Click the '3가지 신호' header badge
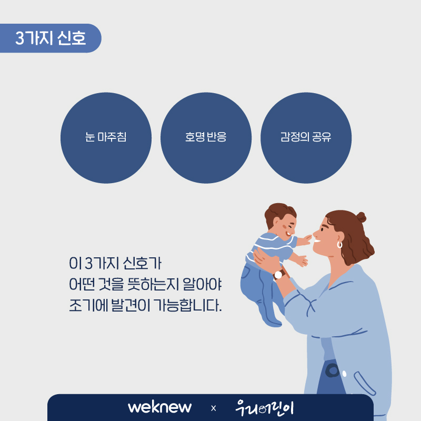point(51,38)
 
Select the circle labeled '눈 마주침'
point(106,138)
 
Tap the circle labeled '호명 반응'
point(206,138)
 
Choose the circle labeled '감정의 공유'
point(306,138)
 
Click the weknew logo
point(160,407)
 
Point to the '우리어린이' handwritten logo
point(265,408)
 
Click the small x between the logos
point(214,408)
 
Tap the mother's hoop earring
point(339,245)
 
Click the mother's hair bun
point(361,217)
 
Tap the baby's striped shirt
point(271,248)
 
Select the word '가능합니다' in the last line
point(187,306)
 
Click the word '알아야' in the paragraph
point(202,284)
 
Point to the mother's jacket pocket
point(364,383)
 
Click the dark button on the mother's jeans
point(333,371)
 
